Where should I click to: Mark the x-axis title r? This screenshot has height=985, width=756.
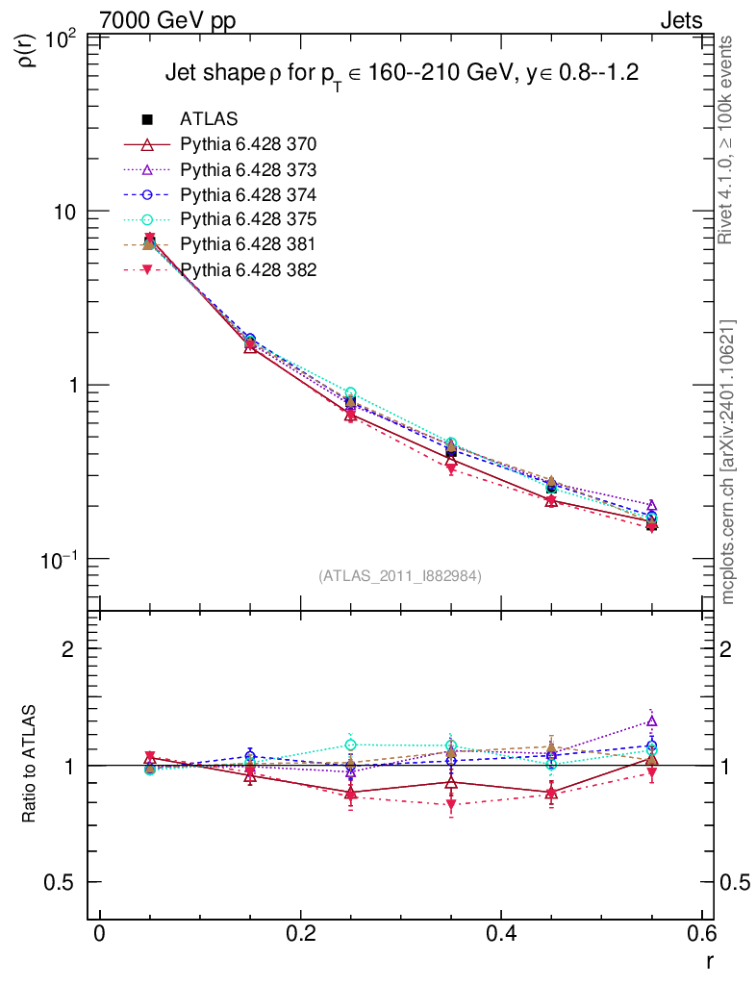(x=709, y=960)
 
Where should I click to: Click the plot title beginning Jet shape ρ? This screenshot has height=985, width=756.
(x=402, y=74)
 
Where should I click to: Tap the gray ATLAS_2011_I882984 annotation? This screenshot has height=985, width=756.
(x=400, y=575)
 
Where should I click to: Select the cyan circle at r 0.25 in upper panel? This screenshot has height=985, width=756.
(x=350, y=393)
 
